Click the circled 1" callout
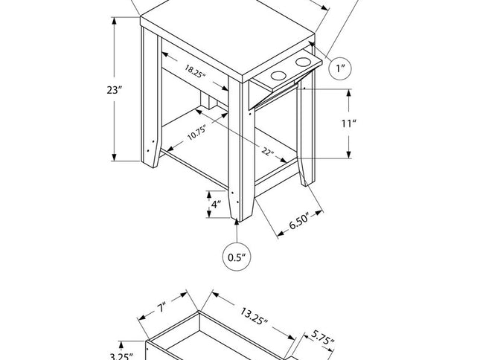click(341, 68)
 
